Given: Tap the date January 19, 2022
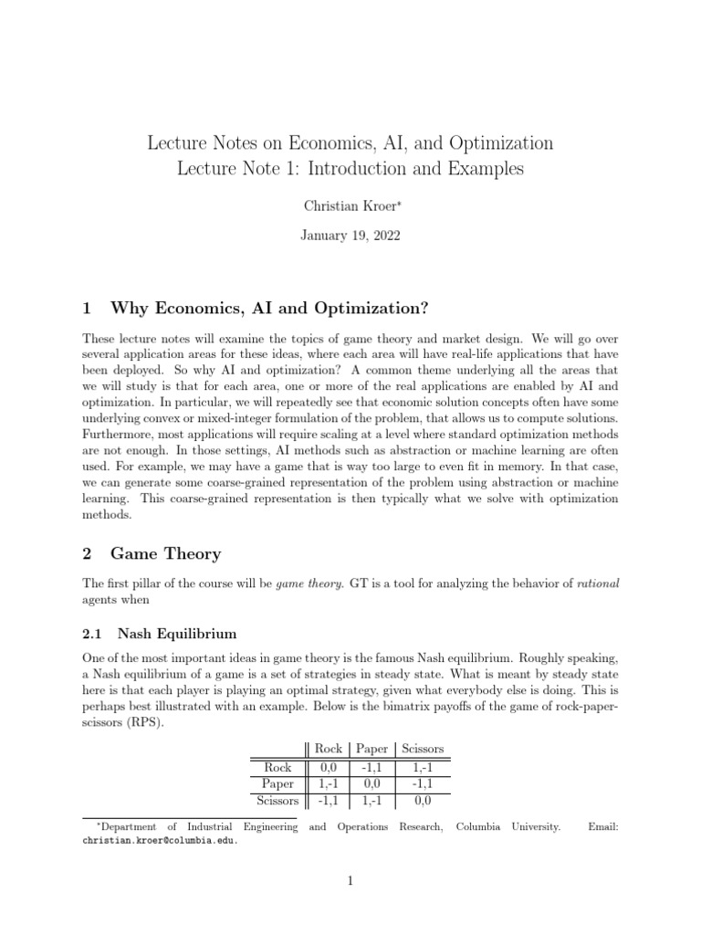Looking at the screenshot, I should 350,236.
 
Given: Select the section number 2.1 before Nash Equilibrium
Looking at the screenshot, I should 94,634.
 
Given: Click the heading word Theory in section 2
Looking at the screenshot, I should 192,553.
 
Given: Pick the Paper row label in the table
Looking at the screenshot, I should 277,783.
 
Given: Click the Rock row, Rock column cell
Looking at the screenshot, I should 329,767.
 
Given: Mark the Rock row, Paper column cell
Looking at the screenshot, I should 371,767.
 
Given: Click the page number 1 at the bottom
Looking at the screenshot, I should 350,882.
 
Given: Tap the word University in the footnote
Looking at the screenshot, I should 531,827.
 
